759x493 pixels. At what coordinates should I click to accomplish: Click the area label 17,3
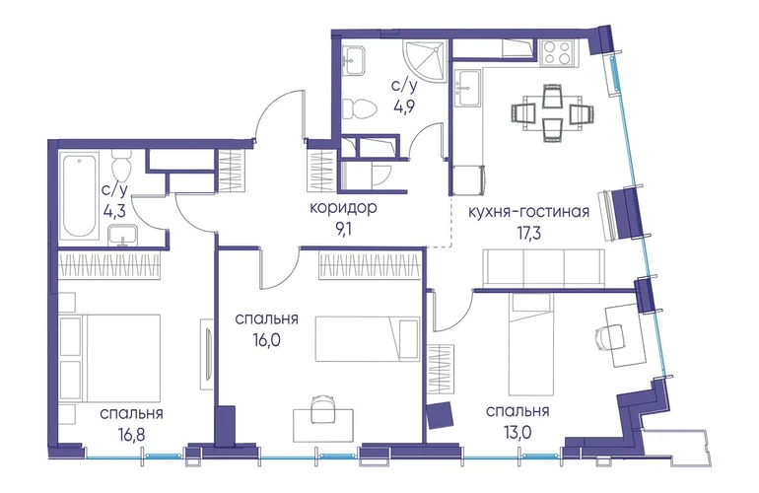528,233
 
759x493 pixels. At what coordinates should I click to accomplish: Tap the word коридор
343,208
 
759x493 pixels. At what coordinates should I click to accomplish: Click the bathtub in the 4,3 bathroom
79,196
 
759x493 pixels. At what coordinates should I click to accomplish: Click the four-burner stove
559,52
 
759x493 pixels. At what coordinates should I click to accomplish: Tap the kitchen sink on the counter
468,87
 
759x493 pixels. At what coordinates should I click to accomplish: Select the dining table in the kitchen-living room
552,113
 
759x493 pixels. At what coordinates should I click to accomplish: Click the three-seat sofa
543,268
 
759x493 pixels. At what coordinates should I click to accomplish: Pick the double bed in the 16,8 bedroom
109,358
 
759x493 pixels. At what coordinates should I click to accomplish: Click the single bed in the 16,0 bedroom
368,339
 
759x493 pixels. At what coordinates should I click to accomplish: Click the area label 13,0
517,432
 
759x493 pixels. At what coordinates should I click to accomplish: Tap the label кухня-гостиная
528,212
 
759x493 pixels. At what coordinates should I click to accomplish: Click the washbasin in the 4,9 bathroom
354,60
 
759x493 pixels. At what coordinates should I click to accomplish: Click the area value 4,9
406,106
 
